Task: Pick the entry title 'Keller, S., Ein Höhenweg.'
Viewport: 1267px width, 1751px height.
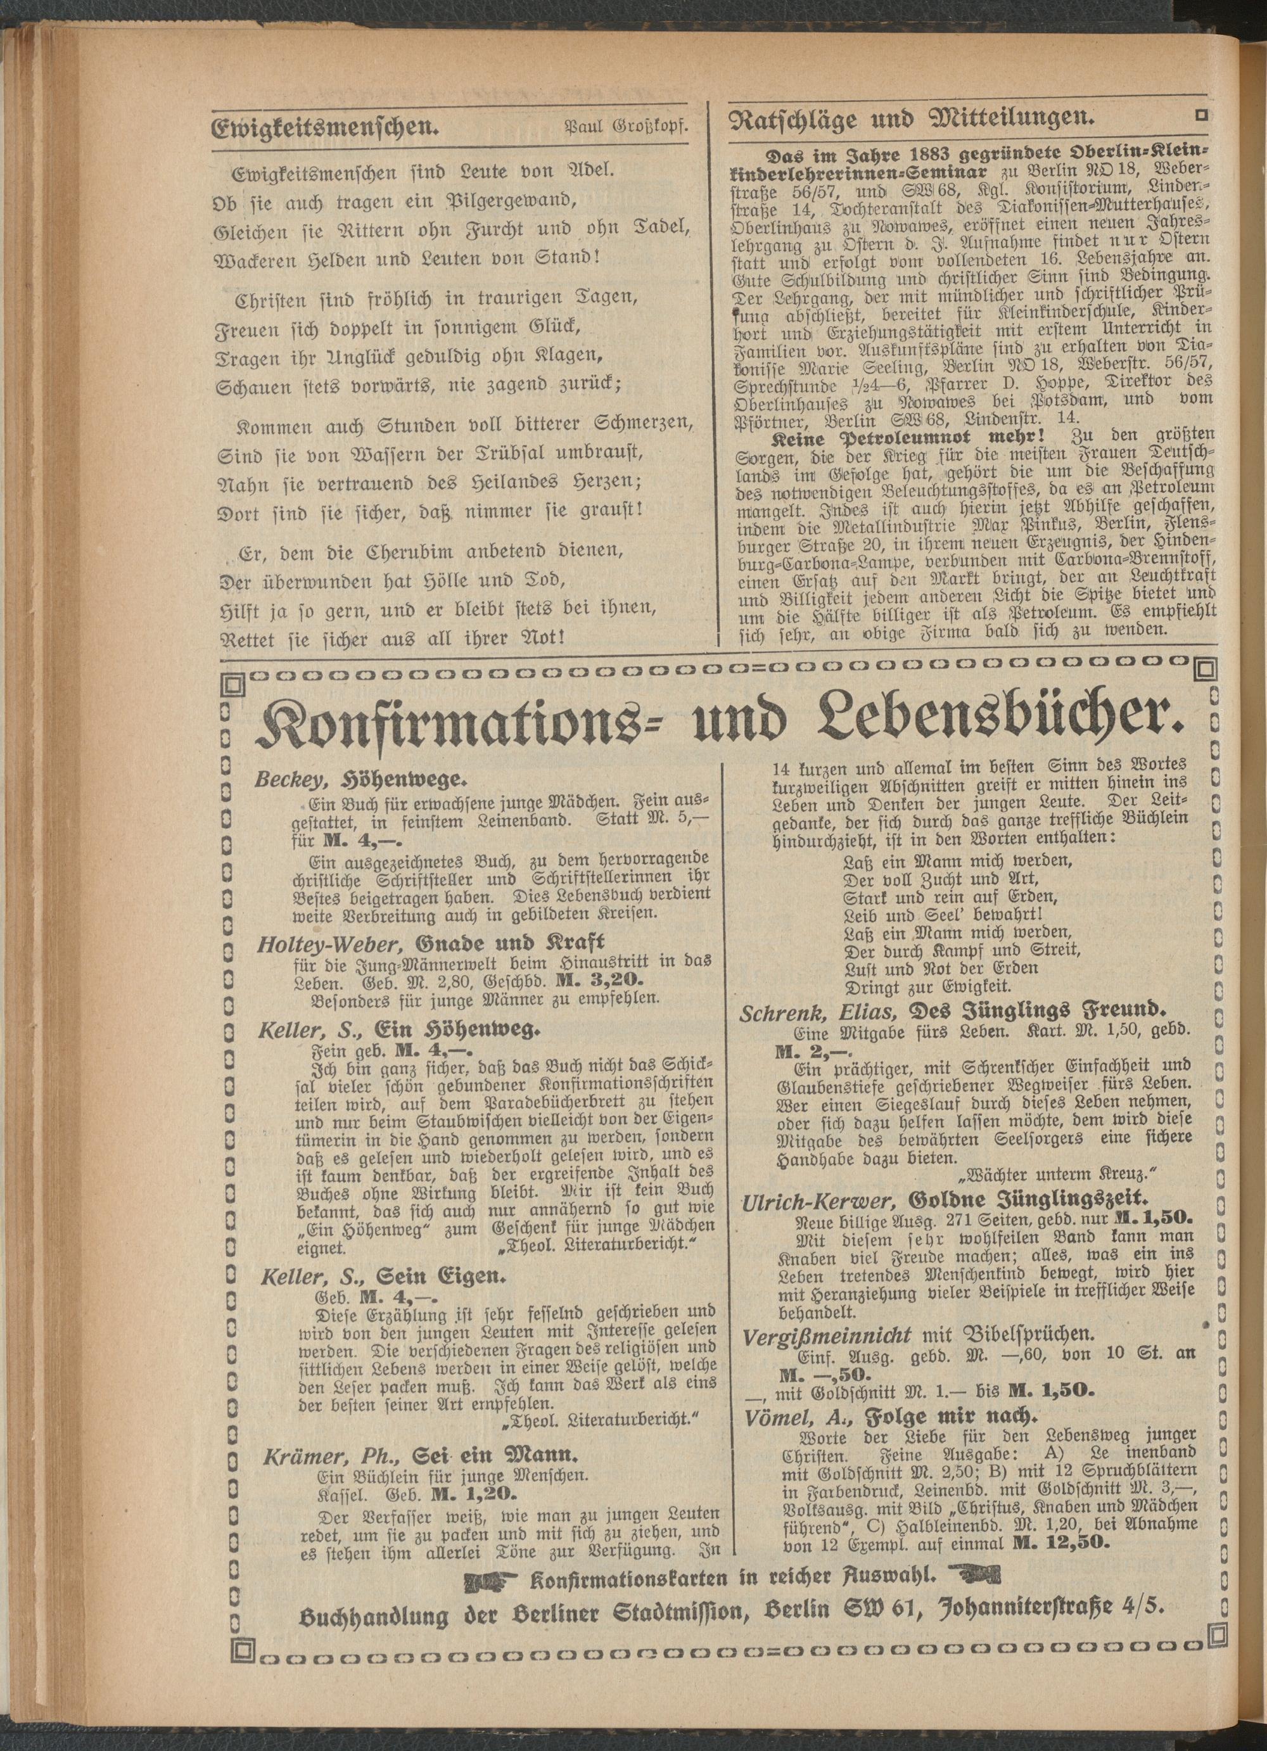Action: coord(398,1030)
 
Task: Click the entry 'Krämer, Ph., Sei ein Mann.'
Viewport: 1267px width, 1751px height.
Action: coord(419,1458)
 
